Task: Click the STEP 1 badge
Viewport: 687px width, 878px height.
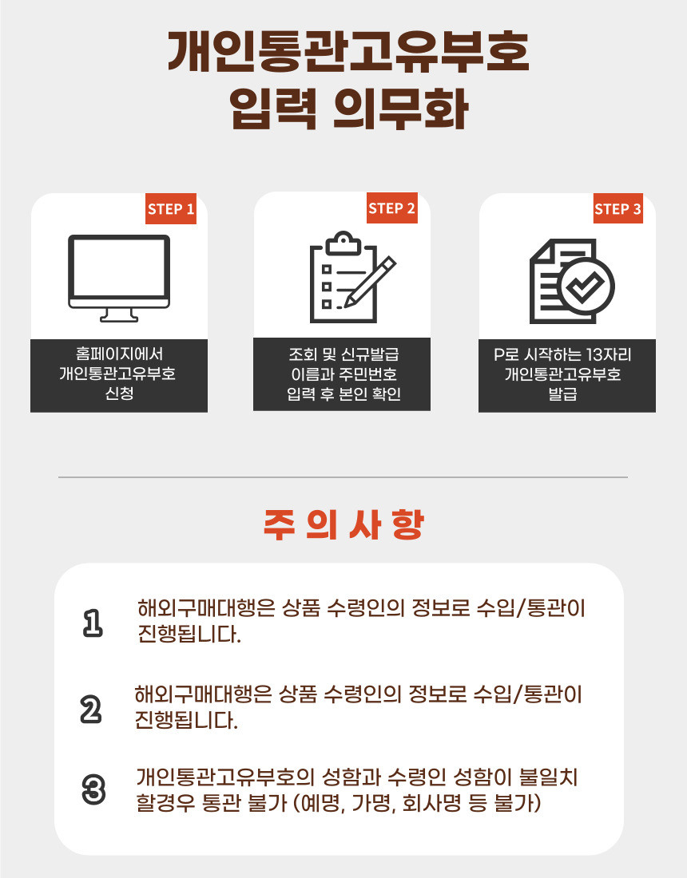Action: tap(171, 209)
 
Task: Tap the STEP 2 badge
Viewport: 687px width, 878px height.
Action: tap(391, 208)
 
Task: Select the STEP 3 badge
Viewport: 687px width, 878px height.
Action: tap(618, 209)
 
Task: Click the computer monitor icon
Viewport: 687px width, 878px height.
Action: tap(119, 276)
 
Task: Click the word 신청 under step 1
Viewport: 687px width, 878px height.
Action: tap(119, 394)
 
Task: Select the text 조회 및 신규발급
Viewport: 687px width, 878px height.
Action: tap(343, 354)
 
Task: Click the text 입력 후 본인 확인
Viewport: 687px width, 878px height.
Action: tap(343, 394)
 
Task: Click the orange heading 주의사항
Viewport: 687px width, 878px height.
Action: tap(343, 526)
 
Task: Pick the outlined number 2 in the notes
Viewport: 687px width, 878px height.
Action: tap(92, 709)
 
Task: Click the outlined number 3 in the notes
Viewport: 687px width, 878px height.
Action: tap(93, 789)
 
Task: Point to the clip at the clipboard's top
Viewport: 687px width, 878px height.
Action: tap(343, 239)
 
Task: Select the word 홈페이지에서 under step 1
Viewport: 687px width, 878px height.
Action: tap(119, 354)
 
